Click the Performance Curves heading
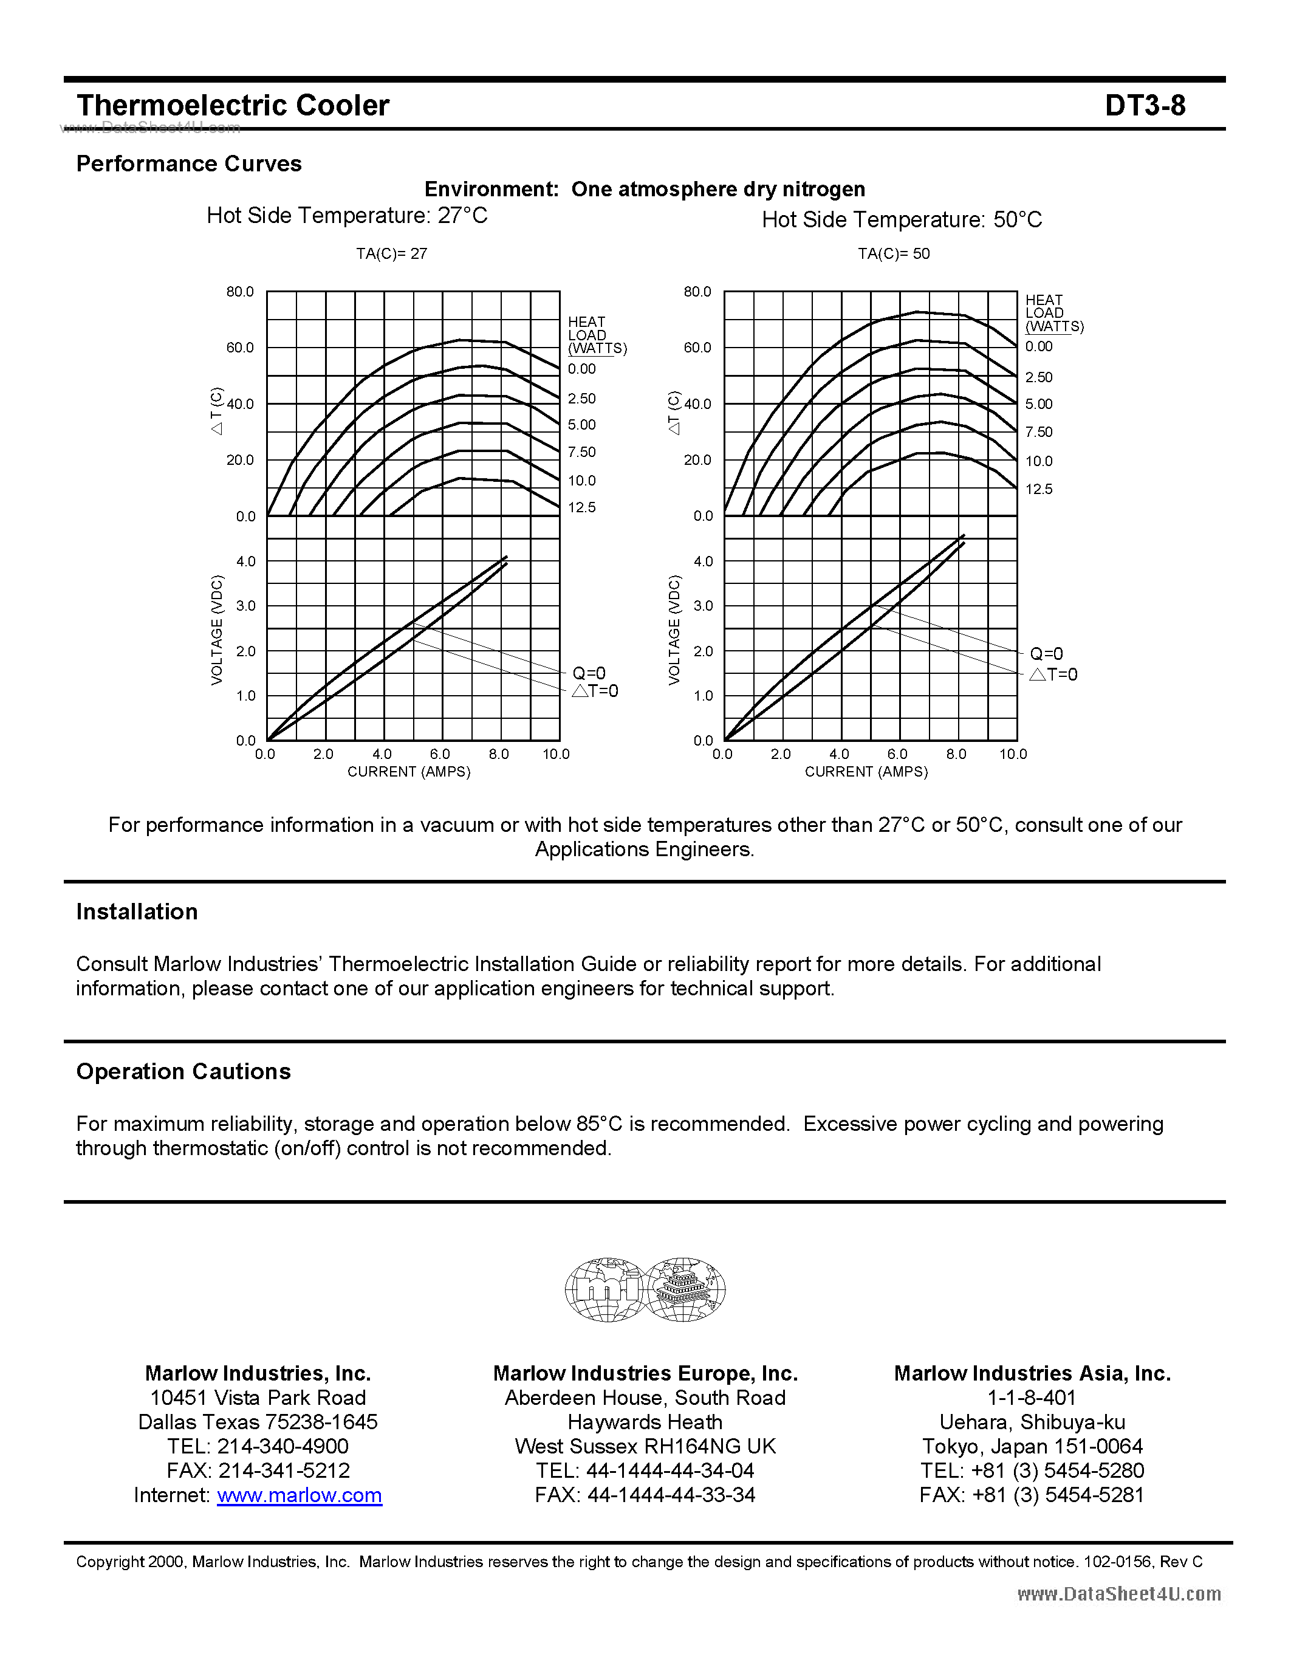189,163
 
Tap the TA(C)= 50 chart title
893,253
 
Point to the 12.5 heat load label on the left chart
581,507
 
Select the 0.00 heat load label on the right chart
1039,346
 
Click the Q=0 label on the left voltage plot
589,673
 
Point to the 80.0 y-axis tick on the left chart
239,292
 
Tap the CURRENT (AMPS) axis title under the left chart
408,772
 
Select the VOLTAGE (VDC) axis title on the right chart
674,630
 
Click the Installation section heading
137,912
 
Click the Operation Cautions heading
183,1072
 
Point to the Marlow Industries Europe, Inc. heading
645,1373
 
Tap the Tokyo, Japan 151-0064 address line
1032,1446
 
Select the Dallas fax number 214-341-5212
284,1470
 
